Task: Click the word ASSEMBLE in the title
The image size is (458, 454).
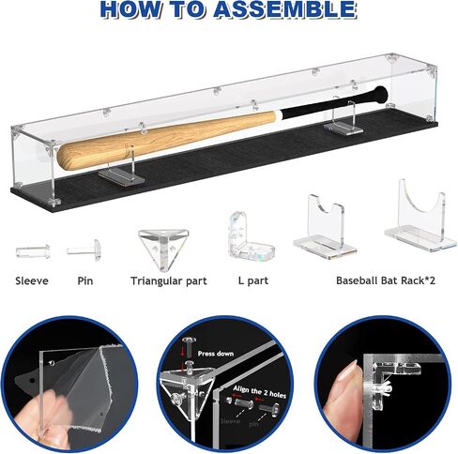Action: tap(285, 8)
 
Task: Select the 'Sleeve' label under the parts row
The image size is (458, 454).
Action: tap(32, 280)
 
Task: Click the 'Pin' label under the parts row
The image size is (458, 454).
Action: tap(85, 280)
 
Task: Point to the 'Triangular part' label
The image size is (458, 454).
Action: tap(169, 281)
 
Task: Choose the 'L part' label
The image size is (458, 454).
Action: tap(253, 280)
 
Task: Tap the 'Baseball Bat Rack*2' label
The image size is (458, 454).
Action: tap(386, 280)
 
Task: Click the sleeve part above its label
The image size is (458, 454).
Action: tap(33, 251)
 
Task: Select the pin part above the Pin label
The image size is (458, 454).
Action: tap(84, 250)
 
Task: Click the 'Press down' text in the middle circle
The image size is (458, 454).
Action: tap(216, 354)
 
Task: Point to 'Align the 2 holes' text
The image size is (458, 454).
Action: tap(260, 392)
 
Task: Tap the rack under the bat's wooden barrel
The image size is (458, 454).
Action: tap(123, 172)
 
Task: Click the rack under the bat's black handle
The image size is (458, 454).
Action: tap(343, 120)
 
